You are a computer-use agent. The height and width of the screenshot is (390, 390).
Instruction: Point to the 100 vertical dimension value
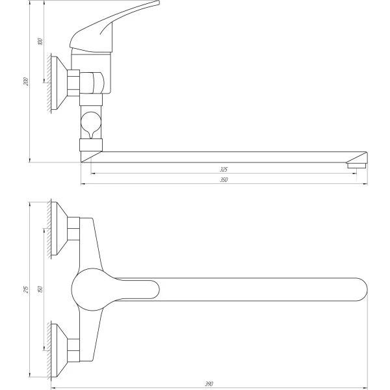40,42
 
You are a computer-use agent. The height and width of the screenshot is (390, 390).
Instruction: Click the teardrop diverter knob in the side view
90,124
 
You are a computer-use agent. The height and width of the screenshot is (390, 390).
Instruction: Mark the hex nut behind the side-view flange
73,83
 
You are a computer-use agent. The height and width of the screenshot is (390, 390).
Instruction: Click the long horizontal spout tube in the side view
221,157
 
